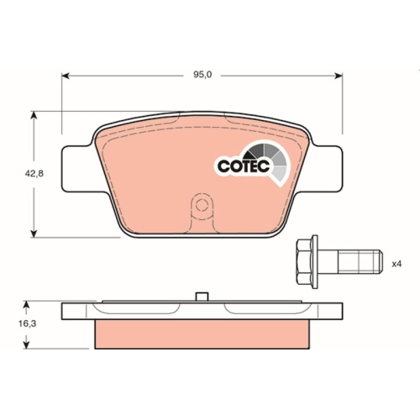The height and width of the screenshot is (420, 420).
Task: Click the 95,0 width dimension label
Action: [x=202, y=75]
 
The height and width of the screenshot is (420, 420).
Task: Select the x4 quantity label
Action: [x=396, y=263]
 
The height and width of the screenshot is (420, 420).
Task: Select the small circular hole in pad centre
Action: [x=201, y=204]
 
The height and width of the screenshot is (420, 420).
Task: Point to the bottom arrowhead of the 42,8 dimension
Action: [x=33, y=234]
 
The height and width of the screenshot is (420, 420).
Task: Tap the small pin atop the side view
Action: [x=201, y=296]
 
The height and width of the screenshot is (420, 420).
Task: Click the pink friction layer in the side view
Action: [x=201, y=335]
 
